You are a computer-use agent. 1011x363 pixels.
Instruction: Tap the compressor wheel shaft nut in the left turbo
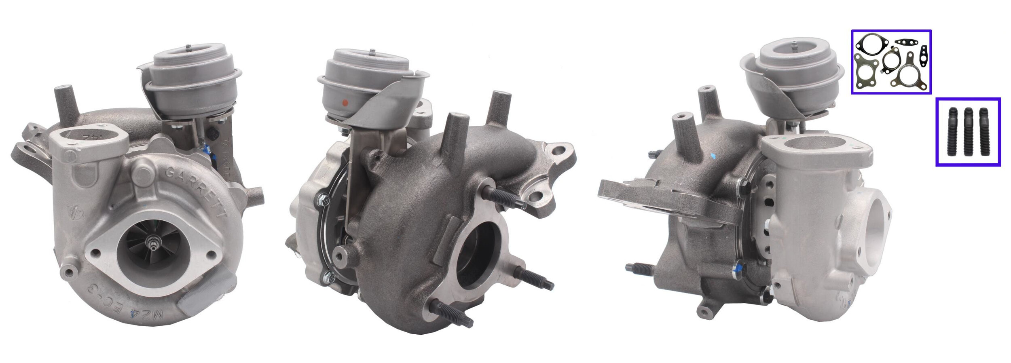click(153, 243)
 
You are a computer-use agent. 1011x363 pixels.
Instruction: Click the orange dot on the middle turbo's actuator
click(345, 102)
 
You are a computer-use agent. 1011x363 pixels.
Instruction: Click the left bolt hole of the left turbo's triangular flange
click(95, 253)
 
